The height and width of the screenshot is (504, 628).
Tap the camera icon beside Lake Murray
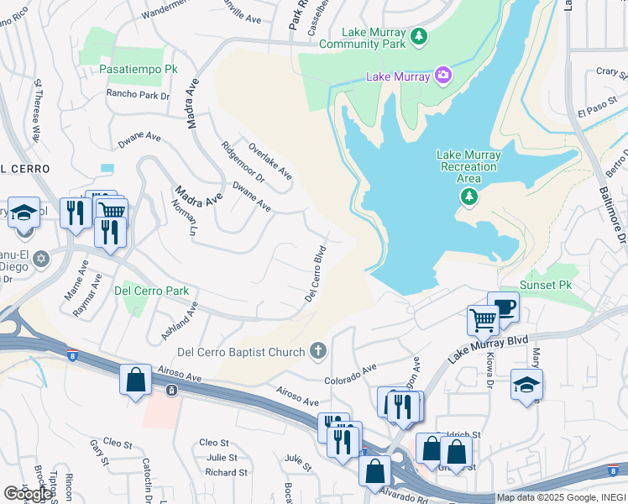[x=442, y=76]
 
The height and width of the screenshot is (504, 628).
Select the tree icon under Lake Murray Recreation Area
[x=468, y=197]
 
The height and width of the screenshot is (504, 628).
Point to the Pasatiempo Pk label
[x=139, y=68]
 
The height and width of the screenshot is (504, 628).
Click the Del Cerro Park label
[x=151, y=291]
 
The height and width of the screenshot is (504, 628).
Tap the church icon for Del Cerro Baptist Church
[x=317, y=350]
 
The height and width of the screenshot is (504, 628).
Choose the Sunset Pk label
[x=547, y=286]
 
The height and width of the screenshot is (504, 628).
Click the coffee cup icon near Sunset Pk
[x=504, y=307]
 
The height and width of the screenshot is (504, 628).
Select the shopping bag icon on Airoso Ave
[x=135, y=380]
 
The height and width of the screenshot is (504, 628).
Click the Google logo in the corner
[x=28, y=493]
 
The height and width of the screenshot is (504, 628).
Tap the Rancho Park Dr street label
[x=138, y=95]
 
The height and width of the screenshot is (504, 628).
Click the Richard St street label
[x=226, y=473]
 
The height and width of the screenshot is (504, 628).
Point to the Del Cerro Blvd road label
[x=315, y=274]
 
